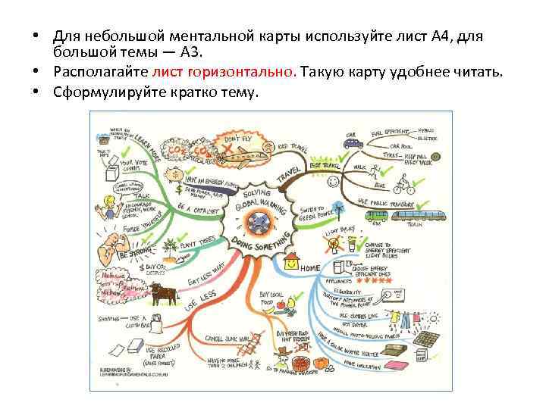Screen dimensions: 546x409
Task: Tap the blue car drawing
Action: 348,143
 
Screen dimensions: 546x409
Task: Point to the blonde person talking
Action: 108,206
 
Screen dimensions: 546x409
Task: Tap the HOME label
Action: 310,268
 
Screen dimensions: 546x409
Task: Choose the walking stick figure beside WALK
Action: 374,167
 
